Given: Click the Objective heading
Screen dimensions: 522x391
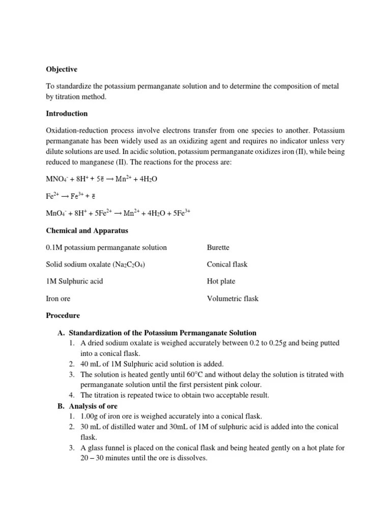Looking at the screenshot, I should (62, 69).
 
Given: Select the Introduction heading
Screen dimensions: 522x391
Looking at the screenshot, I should (67, 113).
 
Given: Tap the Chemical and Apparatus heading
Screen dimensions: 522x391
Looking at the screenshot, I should (87, 230).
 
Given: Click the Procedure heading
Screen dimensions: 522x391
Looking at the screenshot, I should (63, 316).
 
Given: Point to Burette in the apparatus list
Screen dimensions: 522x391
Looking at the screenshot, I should (218, 247).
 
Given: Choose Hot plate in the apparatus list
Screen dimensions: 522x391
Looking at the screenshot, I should (221, 281).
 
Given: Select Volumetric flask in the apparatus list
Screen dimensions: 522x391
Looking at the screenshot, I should (233, 298).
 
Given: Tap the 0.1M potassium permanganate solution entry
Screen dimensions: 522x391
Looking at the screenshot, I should (106, 247).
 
